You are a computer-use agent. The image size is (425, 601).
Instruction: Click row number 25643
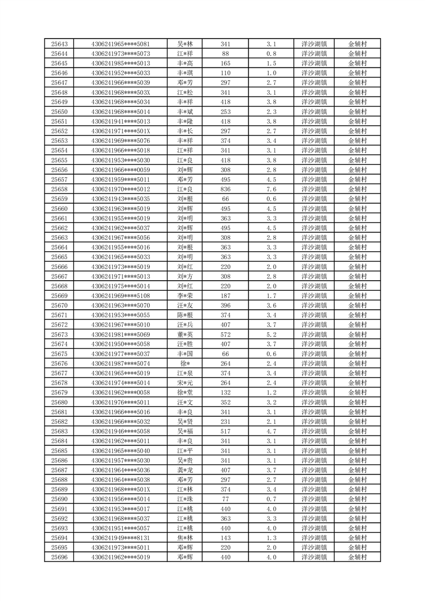click(59, 44)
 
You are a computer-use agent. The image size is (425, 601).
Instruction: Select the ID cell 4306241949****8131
click(120, 538)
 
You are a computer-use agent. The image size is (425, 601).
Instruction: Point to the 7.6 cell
click(271, 189)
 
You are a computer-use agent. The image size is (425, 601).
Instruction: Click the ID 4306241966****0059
click(120, 170)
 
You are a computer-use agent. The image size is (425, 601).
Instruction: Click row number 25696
click(59, 557)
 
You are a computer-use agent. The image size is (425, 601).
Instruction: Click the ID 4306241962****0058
click(120, 393)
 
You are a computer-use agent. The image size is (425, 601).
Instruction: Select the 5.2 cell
click(271, 334)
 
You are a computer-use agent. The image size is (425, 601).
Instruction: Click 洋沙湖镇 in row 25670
click(314, 305)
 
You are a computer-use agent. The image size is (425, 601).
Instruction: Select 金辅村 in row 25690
click(358, 499)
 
